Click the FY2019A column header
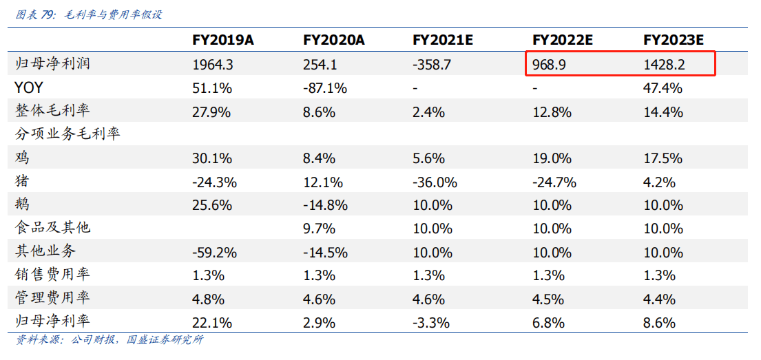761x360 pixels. click(x=223, y=40)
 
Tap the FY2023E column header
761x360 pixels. click(x=673, y=40)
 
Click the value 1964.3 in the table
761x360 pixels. click(x=213, y=65)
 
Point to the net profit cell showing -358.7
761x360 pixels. click(x=432, y=65)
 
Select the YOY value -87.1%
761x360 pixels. click(x=325, y=88)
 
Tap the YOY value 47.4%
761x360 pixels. click(x=663, y=88)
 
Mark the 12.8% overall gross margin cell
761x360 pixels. click(x=552, y=112)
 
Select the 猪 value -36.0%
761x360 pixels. click(x=435, y=182)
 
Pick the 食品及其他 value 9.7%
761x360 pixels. click(x=319, y=229)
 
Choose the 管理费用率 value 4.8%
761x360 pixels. click(x=208, y=299)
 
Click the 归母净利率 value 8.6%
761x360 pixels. click(x=659, y=322)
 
